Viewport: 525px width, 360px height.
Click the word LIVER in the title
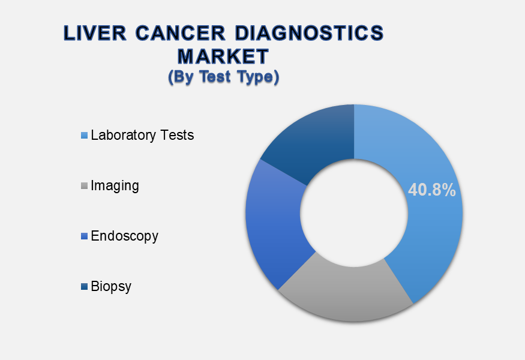[x=95, y=33]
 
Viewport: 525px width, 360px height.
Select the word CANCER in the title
[x=181, y=33]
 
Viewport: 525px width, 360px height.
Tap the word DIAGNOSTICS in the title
[x=309, y=33]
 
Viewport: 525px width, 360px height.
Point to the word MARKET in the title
[x=223, y=56]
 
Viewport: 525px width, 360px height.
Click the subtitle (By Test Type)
[x=223, y=77]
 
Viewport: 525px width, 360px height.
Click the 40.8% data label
[x=432, y=190]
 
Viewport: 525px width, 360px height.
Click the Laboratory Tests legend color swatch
[x=84, y=135]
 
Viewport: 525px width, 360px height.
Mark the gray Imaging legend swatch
[x=84, y=185]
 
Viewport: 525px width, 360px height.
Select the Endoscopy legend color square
[x=84, y=236]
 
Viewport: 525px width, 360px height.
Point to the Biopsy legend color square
[x=84, y=286]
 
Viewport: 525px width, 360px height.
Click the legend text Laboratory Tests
[x=142, y=135]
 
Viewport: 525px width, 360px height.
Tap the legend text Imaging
[x=115, y=186]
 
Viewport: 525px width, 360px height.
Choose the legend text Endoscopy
[x=125, y=236]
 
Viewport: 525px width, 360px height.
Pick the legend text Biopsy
[x=111, y=287]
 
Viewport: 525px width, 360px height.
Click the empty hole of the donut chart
[x=354, y=213]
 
